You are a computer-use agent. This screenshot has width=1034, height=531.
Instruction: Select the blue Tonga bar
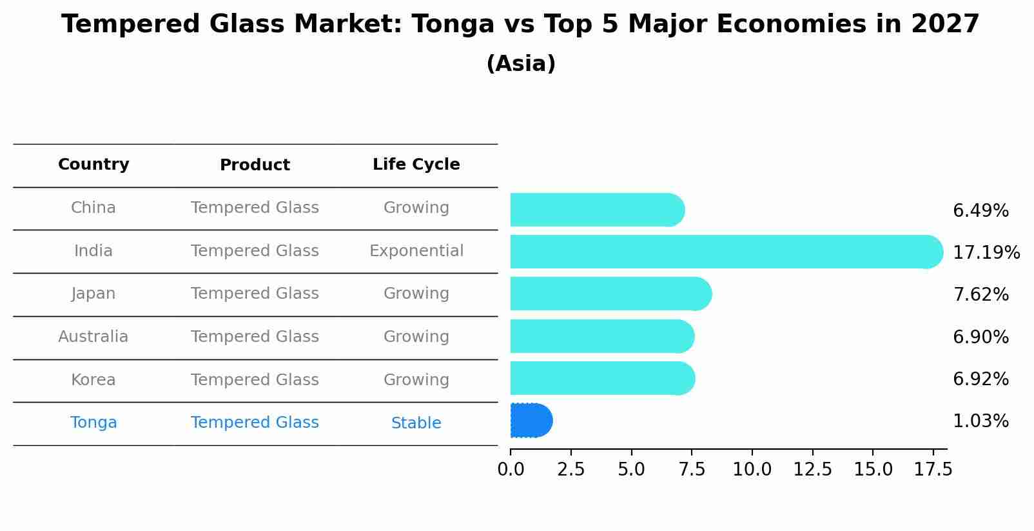click(x=531, y=421)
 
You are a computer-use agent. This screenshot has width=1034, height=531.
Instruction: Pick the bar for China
click(x=597, y=210)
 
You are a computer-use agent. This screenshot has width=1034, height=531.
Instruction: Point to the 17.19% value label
click(x=986, y=252)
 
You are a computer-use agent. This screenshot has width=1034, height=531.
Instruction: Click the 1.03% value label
click(x=980, y=421)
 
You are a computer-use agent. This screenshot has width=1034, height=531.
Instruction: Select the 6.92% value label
click(x=980, y=379)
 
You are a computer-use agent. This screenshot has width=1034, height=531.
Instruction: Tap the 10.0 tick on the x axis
click(x=752, y=470)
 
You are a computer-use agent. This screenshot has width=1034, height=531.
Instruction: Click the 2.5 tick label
click(x=571, y=470)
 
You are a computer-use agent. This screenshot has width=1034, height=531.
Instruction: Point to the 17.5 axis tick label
click(x=933, y=470)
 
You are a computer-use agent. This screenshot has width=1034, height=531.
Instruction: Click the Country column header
click(x=93, y=165)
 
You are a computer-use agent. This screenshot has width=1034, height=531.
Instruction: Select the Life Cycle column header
click(x=416, y=165)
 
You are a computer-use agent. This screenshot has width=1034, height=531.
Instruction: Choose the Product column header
click(x=255, y=165)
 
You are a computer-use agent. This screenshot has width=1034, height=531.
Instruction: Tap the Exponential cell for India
click(x=416, y=251)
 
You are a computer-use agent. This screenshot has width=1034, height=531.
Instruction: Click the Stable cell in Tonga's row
click(x=416, y=423)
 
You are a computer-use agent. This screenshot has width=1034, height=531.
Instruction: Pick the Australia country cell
click(x=93, y=337)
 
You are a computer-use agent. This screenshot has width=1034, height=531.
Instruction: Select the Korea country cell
click(x=93, y=380)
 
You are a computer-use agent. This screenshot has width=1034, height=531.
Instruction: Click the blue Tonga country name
click(x=93, y=423)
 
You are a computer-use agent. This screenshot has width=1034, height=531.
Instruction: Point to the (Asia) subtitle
click(x=521, y=64)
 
